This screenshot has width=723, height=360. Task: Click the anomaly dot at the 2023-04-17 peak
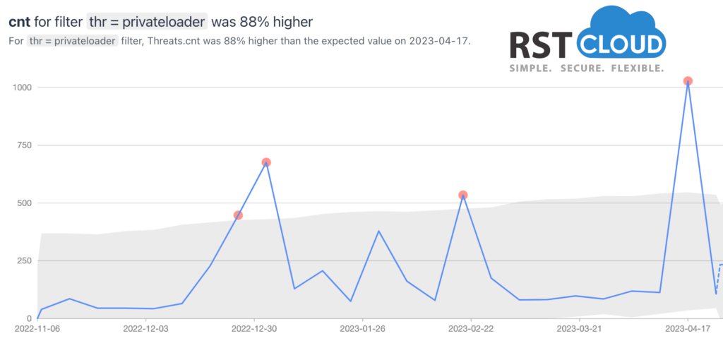(688, 81)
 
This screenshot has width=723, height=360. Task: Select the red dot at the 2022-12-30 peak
(266, 162)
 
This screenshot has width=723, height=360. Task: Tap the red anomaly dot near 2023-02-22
(463, 195)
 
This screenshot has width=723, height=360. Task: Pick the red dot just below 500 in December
(238, 215)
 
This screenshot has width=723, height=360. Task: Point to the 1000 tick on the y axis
(22, 88)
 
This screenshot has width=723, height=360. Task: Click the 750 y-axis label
(25, 145)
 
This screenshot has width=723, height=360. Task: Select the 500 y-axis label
(25, 203)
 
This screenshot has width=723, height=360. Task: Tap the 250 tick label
(25, 261)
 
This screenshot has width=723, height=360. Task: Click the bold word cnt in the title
(19, 22)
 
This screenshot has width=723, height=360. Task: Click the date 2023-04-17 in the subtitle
(438, 40)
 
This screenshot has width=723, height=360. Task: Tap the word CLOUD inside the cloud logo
(621, 45)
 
